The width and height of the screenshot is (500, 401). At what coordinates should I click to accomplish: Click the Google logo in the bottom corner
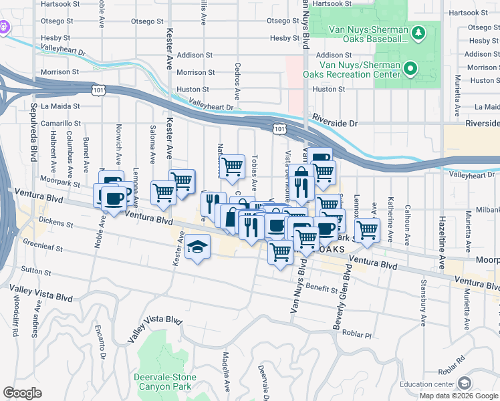(x=23, y=393)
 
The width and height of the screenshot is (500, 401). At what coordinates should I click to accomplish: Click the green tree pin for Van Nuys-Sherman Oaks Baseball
(x=418, y=32)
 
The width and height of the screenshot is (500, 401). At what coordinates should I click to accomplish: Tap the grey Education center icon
(x=464, y=384)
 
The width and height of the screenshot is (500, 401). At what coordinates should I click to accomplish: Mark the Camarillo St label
(x=61, y=124)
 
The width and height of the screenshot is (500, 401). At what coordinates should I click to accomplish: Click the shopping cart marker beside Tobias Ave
(x=232, y=166)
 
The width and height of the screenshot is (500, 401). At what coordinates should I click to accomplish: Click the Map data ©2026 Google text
(x=458, y=395)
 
